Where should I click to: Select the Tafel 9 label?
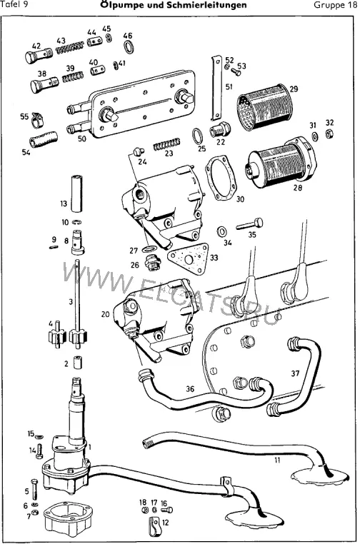[15, 4]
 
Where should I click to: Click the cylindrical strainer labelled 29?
[265, 107]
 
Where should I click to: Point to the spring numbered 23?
[167, 144]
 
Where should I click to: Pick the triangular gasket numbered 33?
[188, 258]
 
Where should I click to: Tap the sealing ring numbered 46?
[129, 47]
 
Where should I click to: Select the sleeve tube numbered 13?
[76, 193]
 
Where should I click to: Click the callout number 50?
[82, 138]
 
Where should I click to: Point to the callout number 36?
[190, 388]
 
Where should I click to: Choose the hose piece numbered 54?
[44, 138]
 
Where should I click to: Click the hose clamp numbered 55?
[37, 119]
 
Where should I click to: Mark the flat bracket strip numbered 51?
[217, 88]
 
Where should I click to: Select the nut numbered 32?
[330, 134]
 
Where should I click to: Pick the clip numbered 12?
[154, 526]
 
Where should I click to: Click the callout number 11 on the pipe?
[277, 460]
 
